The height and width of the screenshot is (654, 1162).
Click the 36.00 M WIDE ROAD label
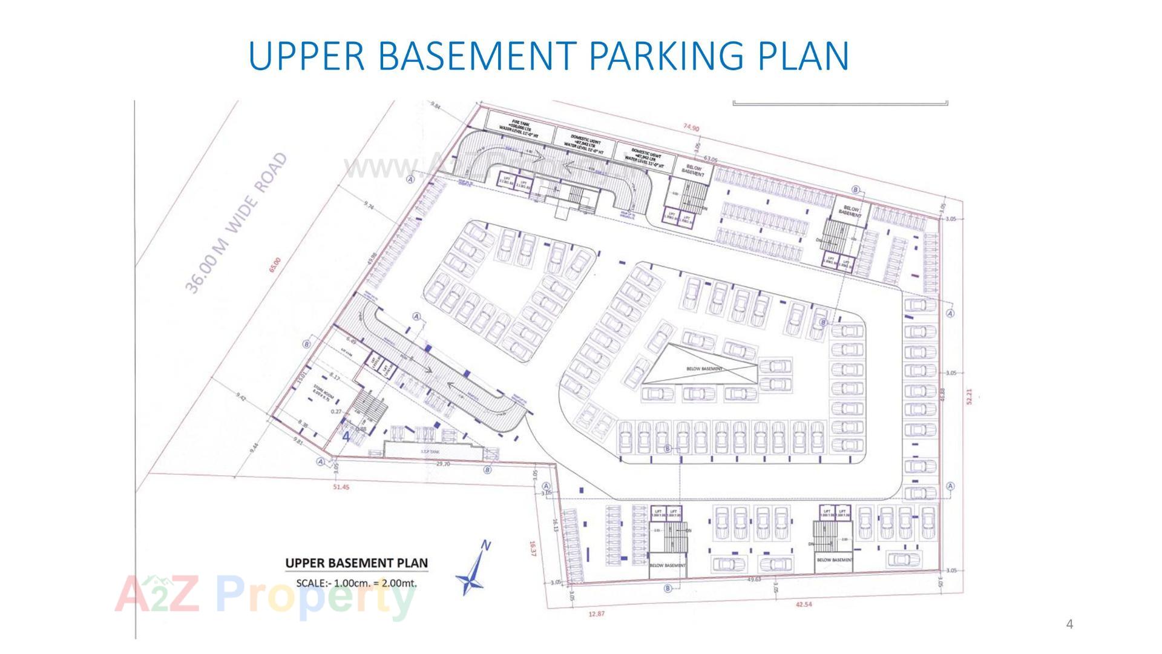235,224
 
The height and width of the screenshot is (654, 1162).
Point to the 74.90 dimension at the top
691,128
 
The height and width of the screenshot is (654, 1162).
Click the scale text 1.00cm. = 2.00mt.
356,584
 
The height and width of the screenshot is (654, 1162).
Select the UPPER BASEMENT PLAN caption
356,563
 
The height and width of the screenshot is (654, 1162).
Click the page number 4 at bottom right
1069,624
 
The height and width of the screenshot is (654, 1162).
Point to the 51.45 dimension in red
341,486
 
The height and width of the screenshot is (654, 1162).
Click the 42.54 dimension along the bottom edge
804,604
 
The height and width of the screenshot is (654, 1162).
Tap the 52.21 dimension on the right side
969,397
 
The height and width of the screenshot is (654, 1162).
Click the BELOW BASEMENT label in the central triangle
704,368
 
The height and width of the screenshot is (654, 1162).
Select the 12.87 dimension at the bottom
596,614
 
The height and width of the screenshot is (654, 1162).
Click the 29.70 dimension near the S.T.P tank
443,464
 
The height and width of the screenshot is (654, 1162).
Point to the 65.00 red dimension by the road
275,265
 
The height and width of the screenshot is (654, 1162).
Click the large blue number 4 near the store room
346,435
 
